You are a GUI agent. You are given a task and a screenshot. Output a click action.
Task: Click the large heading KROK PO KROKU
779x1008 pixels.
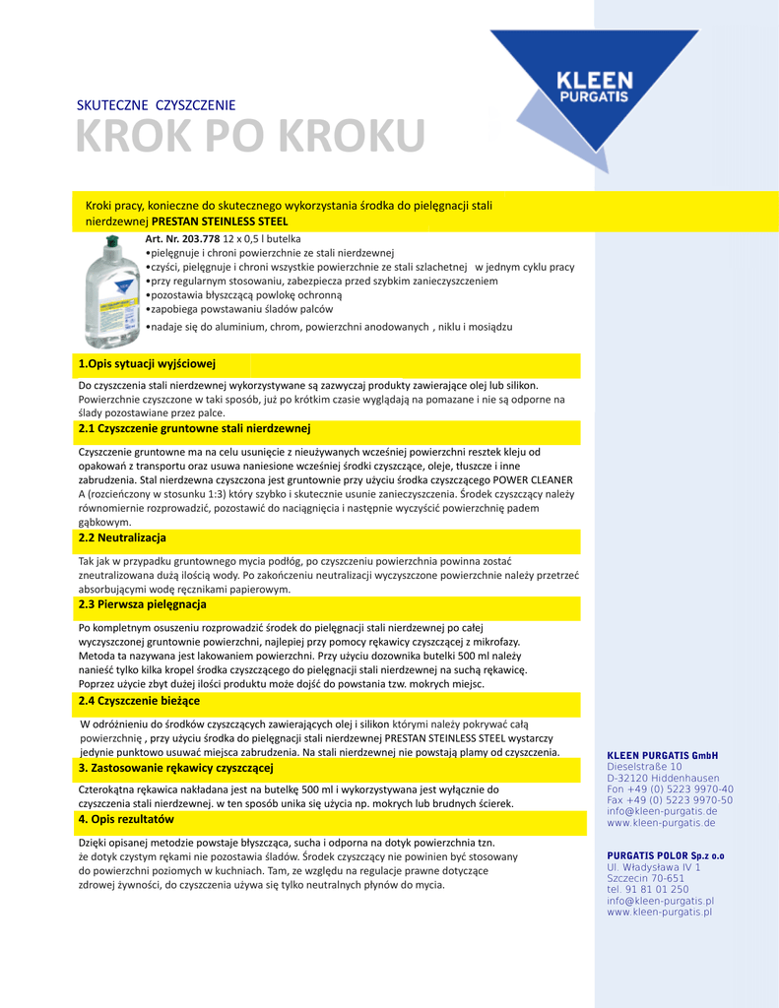[251, 136]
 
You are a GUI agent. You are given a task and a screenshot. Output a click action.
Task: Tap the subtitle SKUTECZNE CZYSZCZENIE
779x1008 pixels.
[156, 105]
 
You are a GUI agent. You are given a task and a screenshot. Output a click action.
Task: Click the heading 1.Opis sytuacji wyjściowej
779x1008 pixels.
[147, 364]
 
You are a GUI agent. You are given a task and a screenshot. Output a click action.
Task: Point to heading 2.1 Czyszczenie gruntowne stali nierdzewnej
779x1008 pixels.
[194, 429]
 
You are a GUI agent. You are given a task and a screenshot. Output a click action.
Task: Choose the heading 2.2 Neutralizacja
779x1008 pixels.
[122, 538]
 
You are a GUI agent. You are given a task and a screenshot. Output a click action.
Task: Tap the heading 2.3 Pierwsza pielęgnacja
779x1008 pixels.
[142, 604]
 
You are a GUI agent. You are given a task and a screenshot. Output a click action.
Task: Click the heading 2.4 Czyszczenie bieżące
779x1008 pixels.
[139, 701]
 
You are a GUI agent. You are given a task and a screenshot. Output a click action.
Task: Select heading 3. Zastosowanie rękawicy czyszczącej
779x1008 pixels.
[175, 768]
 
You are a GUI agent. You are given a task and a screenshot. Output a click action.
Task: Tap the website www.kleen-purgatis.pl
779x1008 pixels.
[660, 913]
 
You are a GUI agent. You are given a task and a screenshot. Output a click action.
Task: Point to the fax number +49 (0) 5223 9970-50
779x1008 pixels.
[670, 800]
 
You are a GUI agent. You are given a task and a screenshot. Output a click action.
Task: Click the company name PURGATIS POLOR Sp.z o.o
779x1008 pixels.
[665, 855]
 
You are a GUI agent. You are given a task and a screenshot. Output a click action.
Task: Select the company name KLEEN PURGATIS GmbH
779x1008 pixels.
[662, 755]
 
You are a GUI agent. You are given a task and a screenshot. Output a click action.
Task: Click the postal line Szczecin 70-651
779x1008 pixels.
[645, 878]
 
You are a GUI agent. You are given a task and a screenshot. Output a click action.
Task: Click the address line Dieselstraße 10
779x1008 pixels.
[644, 767]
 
